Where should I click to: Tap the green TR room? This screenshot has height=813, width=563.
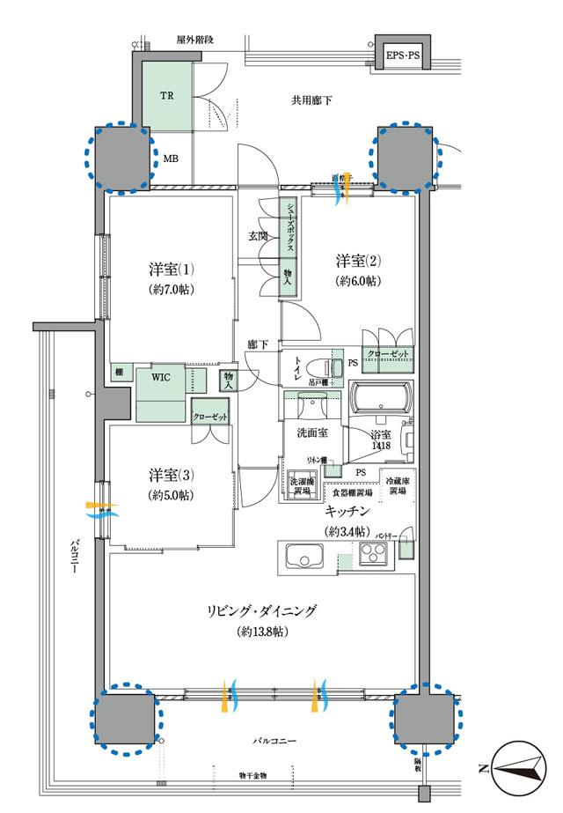[165, 95]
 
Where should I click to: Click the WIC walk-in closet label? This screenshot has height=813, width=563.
[161, 377]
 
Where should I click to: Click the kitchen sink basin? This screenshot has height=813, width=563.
[302, 558]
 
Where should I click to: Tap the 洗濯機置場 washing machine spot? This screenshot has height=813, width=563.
[300, 486]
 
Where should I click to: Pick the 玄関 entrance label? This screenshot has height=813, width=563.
[258, 236]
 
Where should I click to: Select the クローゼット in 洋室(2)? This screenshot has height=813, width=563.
[387, 353]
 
